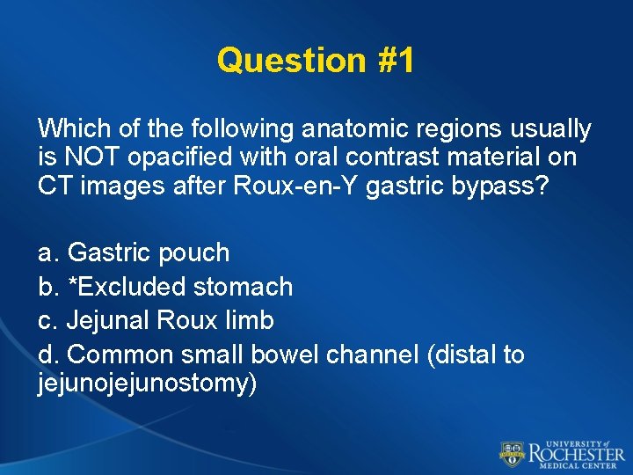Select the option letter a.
[x=47, y=253]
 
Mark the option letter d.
[x=47, y=354]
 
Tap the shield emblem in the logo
[x=512, y=453]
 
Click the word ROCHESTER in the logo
[x=576, y=453]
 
